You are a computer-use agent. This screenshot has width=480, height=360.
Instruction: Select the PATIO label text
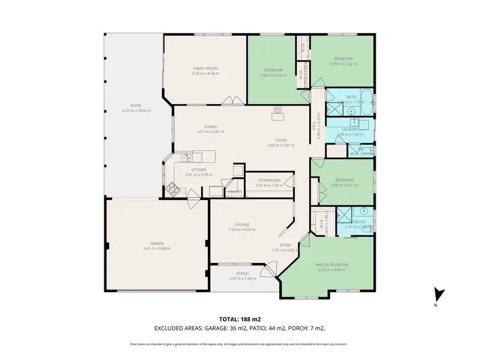click(x=135, y=106)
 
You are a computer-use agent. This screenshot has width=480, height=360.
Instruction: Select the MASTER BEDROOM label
click(x=332, y=265)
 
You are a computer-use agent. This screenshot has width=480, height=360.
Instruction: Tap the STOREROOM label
click(x=269, y=181)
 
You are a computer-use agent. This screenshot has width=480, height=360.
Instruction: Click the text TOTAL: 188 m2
click(x=239, y=318)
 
